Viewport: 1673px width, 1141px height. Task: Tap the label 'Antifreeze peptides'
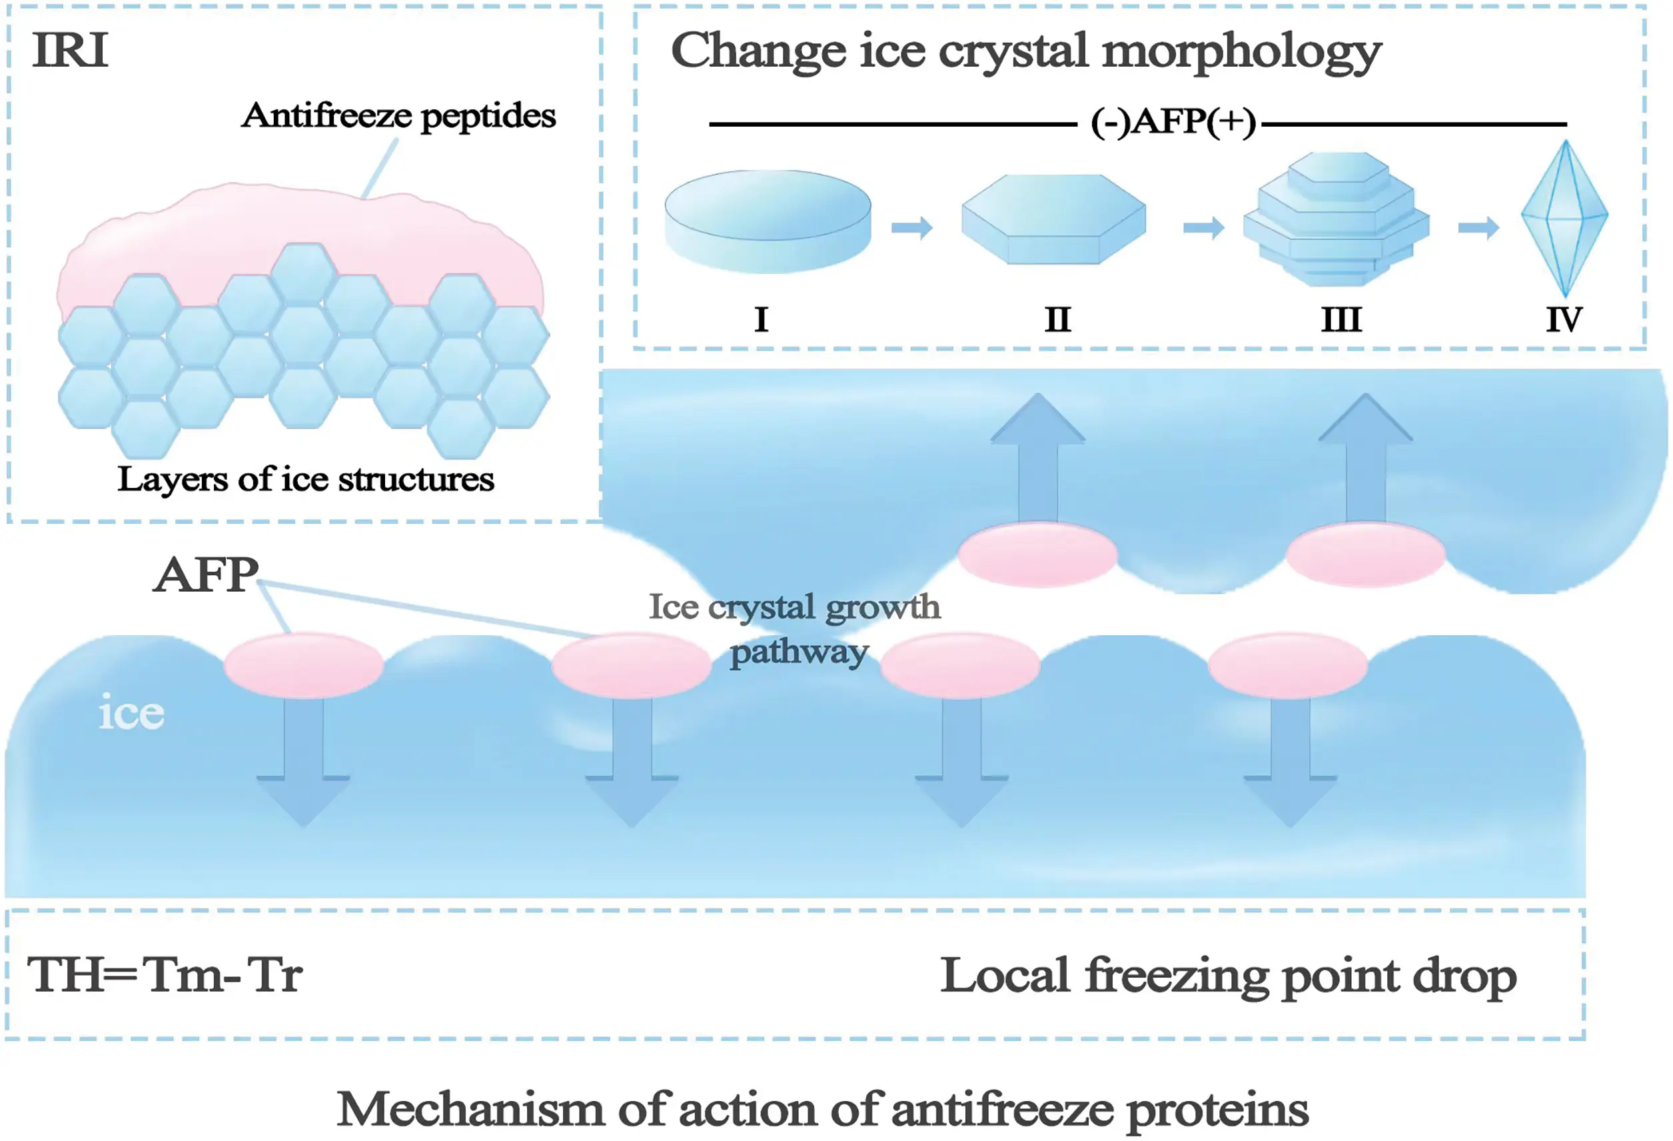click(x=398, y=115)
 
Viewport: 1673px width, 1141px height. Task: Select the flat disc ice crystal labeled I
click(x=768, y=222)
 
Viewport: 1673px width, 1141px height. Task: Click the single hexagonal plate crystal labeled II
click(x=1053, y=219)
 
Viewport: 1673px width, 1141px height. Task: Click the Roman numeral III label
click(x=1341, y=319)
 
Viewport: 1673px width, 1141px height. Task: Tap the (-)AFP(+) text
click(x=1173, y=122)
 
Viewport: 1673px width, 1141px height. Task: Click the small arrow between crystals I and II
click(x=911, y=227)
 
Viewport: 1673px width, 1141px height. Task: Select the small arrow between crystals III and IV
click(x=1478, y=227)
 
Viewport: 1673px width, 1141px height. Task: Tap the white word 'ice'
click(x=131, y=712)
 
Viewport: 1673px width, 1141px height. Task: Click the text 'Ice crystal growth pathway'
click(x=795, y=628)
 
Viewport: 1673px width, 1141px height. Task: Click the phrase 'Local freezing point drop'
click(x=1228, y=976)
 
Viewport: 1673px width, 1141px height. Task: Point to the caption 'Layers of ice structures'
click(x=306, y=479)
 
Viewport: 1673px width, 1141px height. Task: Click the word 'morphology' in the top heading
click(x=1241, y=52)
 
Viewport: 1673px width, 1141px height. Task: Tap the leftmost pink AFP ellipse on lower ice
click(x=303, y=665)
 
